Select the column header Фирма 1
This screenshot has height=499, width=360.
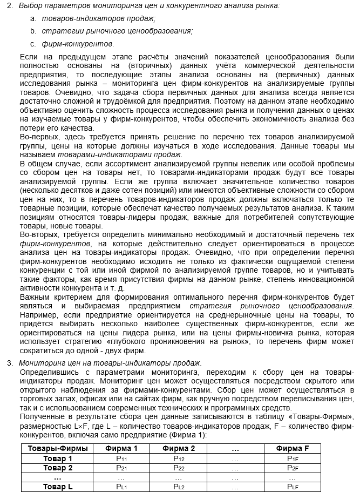point(121,449)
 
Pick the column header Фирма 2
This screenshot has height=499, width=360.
point(179,449)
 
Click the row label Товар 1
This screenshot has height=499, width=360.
point(58,458)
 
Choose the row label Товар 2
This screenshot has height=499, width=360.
point(58,468)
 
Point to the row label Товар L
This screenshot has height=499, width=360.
point(58,487)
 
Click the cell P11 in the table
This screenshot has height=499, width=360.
point(121,458)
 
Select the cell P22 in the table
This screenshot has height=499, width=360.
point(179,468)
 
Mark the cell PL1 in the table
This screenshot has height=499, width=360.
point(121,487)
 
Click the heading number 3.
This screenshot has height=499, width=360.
point(10,362)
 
